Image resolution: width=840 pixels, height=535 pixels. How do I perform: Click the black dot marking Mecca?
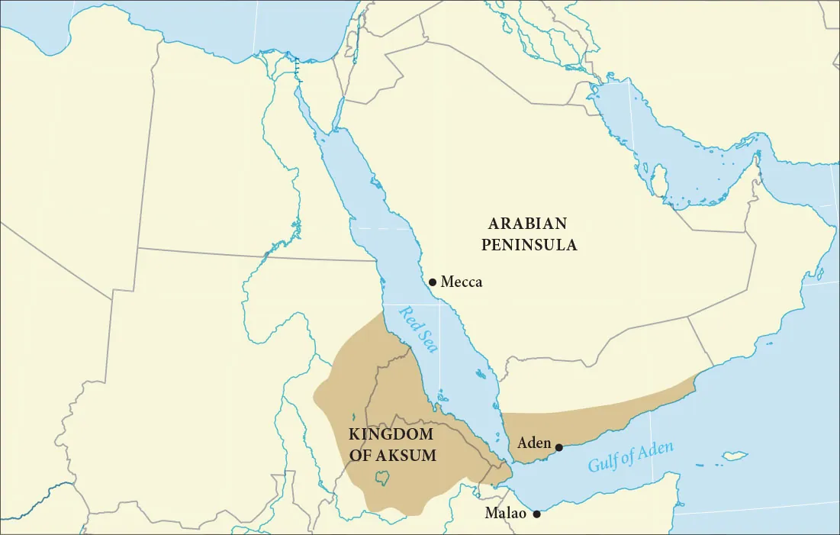tap(433, 282)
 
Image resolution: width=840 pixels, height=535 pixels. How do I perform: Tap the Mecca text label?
tap(462, 282)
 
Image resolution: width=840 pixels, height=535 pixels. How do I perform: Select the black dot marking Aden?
tap(558, 447)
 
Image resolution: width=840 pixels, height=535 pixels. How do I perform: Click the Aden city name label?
tap(534, 443)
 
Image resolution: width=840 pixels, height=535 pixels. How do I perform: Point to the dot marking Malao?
tap(536, 514)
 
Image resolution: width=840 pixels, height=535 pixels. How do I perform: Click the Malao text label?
tap(506, 514)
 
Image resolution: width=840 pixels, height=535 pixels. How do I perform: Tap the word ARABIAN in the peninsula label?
tap(528, 224)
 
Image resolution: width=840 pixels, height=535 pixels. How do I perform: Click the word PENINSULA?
tap(528, 245)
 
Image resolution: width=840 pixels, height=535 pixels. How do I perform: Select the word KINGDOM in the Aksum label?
tap(390, 434)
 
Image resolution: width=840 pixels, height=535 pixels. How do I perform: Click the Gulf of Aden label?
tap(630, 456)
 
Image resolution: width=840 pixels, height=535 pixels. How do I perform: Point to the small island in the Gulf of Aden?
tap(734, 456)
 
